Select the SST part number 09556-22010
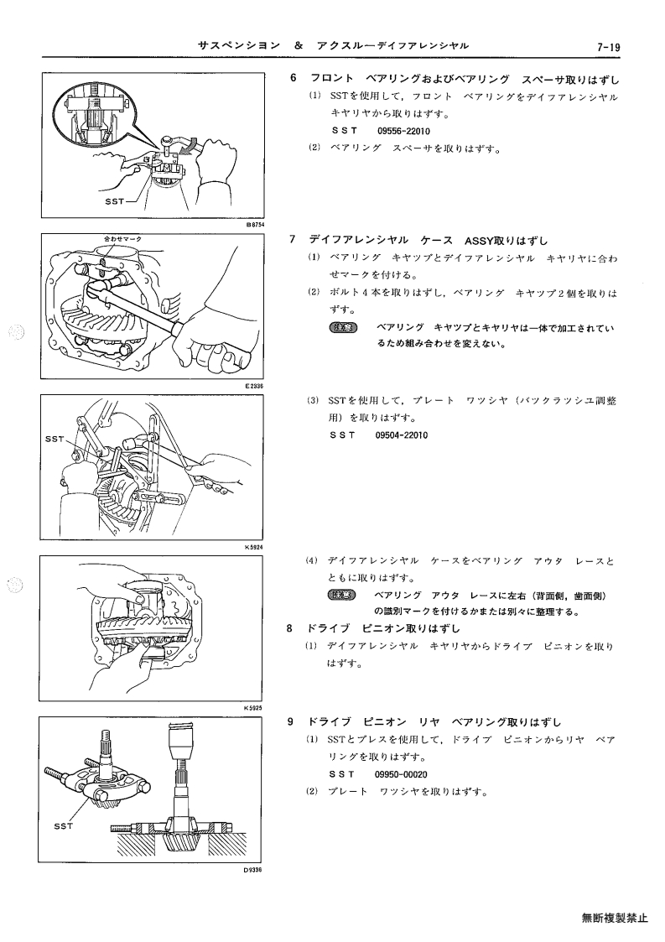[403, 131]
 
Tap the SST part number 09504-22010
[401, 435]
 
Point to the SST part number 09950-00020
[401, 774]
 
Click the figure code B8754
[255, 224]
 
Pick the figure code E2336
[255, 387]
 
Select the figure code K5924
[254, 547]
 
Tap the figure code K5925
[254, 708]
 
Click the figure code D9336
[254, 869]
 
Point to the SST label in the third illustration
[55, 440]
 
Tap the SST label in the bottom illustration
[63, 826]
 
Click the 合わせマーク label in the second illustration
[123, 239]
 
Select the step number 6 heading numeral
[294, 78]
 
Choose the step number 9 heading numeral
[290, 721]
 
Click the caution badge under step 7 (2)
[344, 328]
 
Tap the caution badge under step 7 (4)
[342, 596]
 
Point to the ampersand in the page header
[299, 45]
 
